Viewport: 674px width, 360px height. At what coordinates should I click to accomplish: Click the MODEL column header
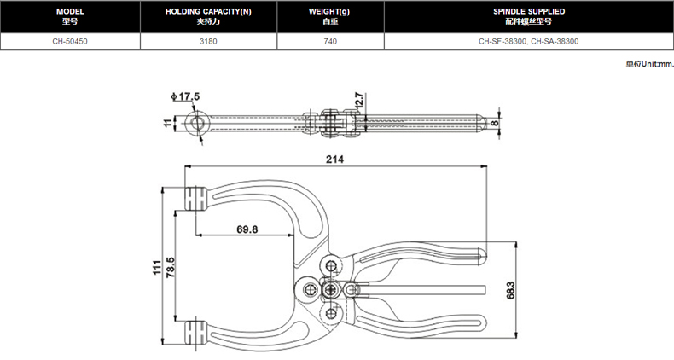(x=69, y=16)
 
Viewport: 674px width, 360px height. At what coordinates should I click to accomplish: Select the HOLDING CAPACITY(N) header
(x=208, y=16)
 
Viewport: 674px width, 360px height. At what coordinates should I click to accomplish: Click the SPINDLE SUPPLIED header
(x=529, y=16)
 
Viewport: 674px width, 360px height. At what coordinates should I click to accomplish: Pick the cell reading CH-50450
(x=69, y=40)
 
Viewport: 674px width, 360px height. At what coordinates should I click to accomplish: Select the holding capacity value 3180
(x=208, y=40)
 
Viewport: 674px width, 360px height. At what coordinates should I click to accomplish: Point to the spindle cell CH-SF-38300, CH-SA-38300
(x=529, y=40)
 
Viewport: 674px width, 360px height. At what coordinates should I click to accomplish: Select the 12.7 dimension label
(x=359, y=100)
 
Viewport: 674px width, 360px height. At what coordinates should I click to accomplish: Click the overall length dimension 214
(x=334, y=159)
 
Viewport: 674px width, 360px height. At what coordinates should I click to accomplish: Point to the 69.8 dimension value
(x=248, y=229)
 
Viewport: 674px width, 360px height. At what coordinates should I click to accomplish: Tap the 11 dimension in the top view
(x=168, y=125)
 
